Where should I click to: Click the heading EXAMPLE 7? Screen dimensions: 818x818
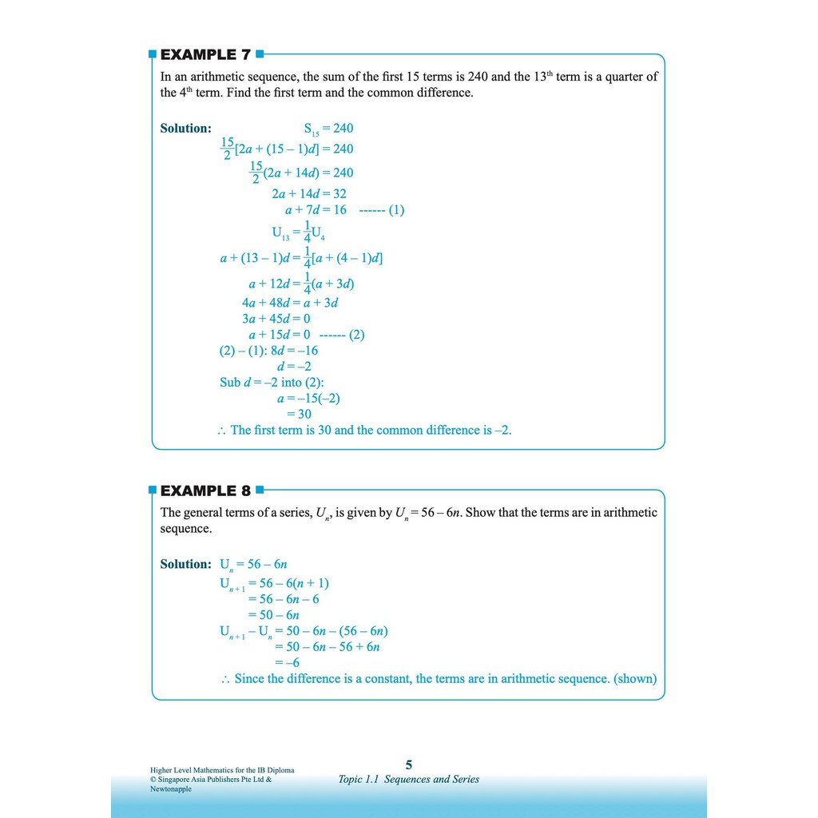205,54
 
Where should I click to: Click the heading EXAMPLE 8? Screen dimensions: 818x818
205,490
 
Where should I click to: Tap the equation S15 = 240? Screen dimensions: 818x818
328,129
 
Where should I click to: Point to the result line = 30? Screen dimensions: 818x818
300,414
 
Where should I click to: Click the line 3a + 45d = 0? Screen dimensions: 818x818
276,319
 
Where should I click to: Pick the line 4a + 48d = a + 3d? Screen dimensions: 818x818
291,303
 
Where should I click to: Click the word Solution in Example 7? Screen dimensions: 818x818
185,129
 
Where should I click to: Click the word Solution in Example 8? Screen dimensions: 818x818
185,564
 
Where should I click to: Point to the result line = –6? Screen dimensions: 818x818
287,662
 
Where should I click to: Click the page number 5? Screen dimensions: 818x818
409,764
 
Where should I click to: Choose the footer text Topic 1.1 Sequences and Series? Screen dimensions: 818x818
409,779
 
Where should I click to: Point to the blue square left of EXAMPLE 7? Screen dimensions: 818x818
153,54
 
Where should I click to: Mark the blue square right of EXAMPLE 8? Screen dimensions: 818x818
259,490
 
